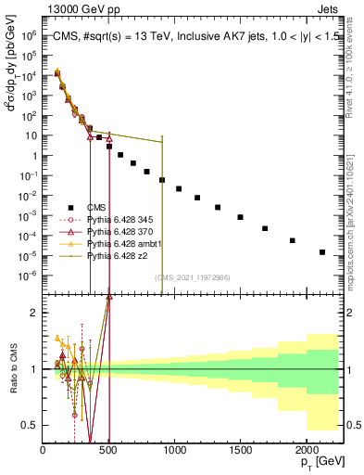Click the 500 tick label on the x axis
[108, 449]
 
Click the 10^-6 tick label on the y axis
[28, 276]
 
